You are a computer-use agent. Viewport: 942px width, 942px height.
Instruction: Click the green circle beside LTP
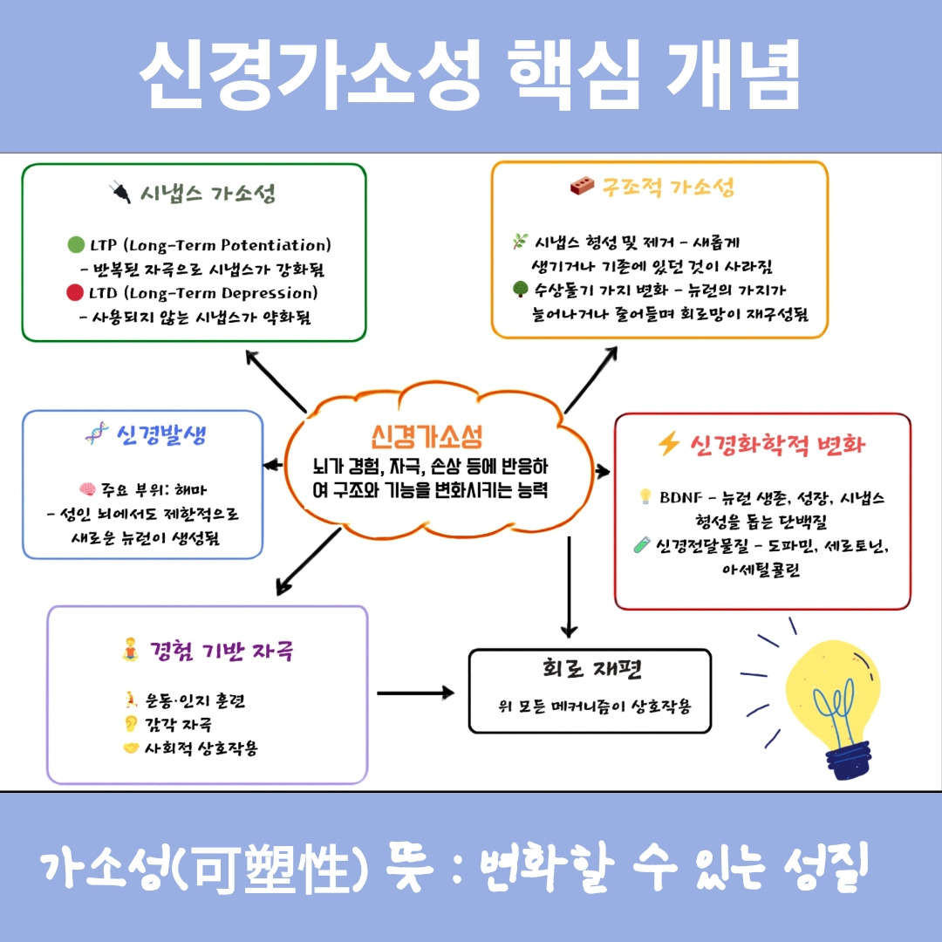point(75,245)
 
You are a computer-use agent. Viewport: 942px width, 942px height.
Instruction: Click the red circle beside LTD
point(75,293)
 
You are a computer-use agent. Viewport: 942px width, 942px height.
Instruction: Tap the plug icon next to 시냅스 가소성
point(120,192)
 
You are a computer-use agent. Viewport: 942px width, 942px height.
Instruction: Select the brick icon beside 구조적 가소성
point(582,187)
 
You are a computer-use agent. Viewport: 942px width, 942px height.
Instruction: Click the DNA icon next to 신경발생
point(96,433)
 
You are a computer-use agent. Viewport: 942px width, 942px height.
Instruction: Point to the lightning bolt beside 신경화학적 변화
point(668,445)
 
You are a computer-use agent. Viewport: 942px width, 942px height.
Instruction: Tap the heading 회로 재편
point(590,672)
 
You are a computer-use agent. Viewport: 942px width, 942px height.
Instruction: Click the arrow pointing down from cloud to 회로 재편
point(569,586)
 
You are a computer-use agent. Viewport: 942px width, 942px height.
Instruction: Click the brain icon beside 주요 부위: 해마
point(86,488)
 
